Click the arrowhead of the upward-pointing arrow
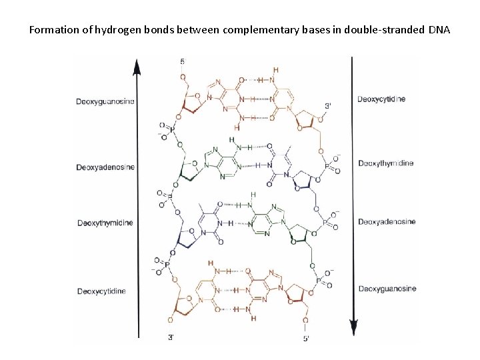coord(137,65)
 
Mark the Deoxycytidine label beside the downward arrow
coord(381,99)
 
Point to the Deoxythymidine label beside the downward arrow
coord(386,162)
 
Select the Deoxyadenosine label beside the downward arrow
coord(386,221)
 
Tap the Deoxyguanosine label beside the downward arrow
coord(387,288)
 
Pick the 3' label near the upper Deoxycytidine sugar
coord(327,105)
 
